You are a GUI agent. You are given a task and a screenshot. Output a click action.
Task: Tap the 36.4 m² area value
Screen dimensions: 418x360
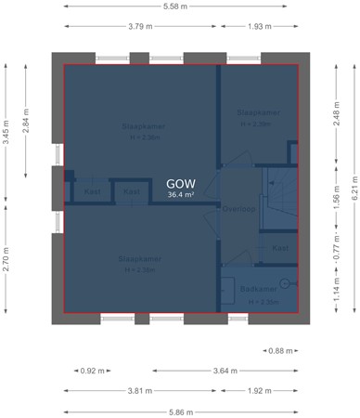pyautogui.click(x=181, y=195)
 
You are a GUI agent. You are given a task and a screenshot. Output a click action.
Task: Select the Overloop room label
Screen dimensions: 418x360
pyautogui.click(x=238, y=209)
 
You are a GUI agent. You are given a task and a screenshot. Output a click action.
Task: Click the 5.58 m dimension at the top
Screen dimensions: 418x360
pyautogui.click(x=181, y=7)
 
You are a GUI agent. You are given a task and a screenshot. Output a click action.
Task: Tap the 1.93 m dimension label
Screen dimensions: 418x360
pyautogui.click(x=260, y=26)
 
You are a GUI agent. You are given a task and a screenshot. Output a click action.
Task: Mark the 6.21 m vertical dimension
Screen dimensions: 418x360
pyautogui.click(x=353, y=193)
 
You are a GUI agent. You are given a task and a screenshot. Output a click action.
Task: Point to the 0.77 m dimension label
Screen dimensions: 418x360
pyautogui.click(x=334, y=250)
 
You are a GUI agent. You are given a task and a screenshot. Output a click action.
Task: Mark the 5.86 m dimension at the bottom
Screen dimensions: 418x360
pyautogui.click(x=181, y=411)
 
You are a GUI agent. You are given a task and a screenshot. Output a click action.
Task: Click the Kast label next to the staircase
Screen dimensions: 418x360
pyautogui.click(x=280, y=248)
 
